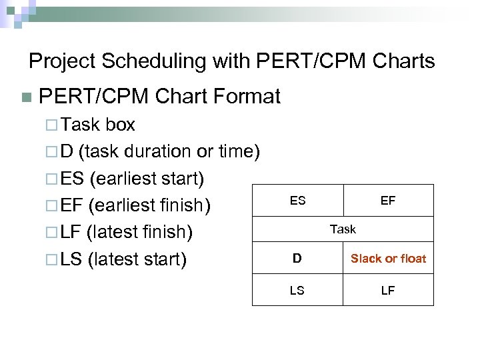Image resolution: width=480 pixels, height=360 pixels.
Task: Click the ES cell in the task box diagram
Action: [x=297, y=200]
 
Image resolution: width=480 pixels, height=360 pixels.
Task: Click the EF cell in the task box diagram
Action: [x=388, y=200]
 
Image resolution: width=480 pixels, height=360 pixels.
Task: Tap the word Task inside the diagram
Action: [x=343, y=229]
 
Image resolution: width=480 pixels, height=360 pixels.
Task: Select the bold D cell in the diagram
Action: [x=297, y=259]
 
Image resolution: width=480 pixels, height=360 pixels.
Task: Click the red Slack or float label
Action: [x=388, y=259]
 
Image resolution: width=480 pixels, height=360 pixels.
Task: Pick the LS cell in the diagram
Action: [x=297, y=291]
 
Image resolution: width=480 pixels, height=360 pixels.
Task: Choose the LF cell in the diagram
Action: [x=388, y=291]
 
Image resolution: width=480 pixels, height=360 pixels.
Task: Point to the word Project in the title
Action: [x=63, y=62]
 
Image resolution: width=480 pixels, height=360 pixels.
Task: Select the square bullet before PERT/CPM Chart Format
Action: [x=26, y=98]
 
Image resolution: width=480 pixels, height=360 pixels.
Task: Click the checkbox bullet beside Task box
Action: [x=53, y=125]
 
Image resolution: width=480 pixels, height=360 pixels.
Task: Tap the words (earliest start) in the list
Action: [x=147, y=179]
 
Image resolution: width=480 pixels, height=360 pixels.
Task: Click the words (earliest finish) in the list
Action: [x=150, y=206]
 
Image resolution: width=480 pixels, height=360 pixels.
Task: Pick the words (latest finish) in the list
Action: [x=140, y=233]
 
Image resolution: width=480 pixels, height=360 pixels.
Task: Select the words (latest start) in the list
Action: [x=137, y=259]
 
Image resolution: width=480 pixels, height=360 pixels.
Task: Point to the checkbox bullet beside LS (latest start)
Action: [x=53, y=260]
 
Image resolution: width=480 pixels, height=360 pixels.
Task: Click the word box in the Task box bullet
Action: [x=120, y=125]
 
